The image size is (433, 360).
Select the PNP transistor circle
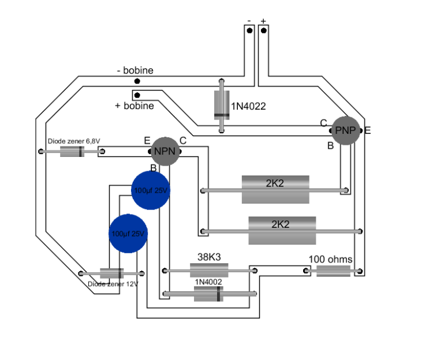click(x=348, y=131)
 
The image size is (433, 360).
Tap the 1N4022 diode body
click(x=221, y=106)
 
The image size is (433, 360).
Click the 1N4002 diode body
click(x=209, y=294)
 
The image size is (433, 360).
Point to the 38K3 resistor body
click(x=209, y=269)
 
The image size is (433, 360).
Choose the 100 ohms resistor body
click(x=334, y=271)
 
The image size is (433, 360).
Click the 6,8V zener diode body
click(x=72, y=152)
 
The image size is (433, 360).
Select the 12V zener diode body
click(x=111, y=273)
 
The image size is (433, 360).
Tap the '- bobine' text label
click(x=135, y=70)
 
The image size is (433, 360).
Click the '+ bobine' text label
click(x=135, y=106)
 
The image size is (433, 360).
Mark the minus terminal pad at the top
click(x=249, y=30)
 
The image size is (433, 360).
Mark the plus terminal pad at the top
click(x=263, y=30)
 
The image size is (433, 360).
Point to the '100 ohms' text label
click(x=330, y=259)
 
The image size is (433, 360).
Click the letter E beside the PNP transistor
click(x=367, y=130)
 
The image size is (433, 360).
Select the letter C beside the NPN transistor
click(x=183, y=140)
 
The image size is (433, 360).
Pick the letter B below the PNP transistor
click(x=331, y=146)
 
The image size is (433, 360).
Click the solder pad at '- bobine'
click(x=137, y=81)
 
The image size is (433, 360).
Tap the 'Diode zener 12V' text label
click(x=113, y=284)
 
